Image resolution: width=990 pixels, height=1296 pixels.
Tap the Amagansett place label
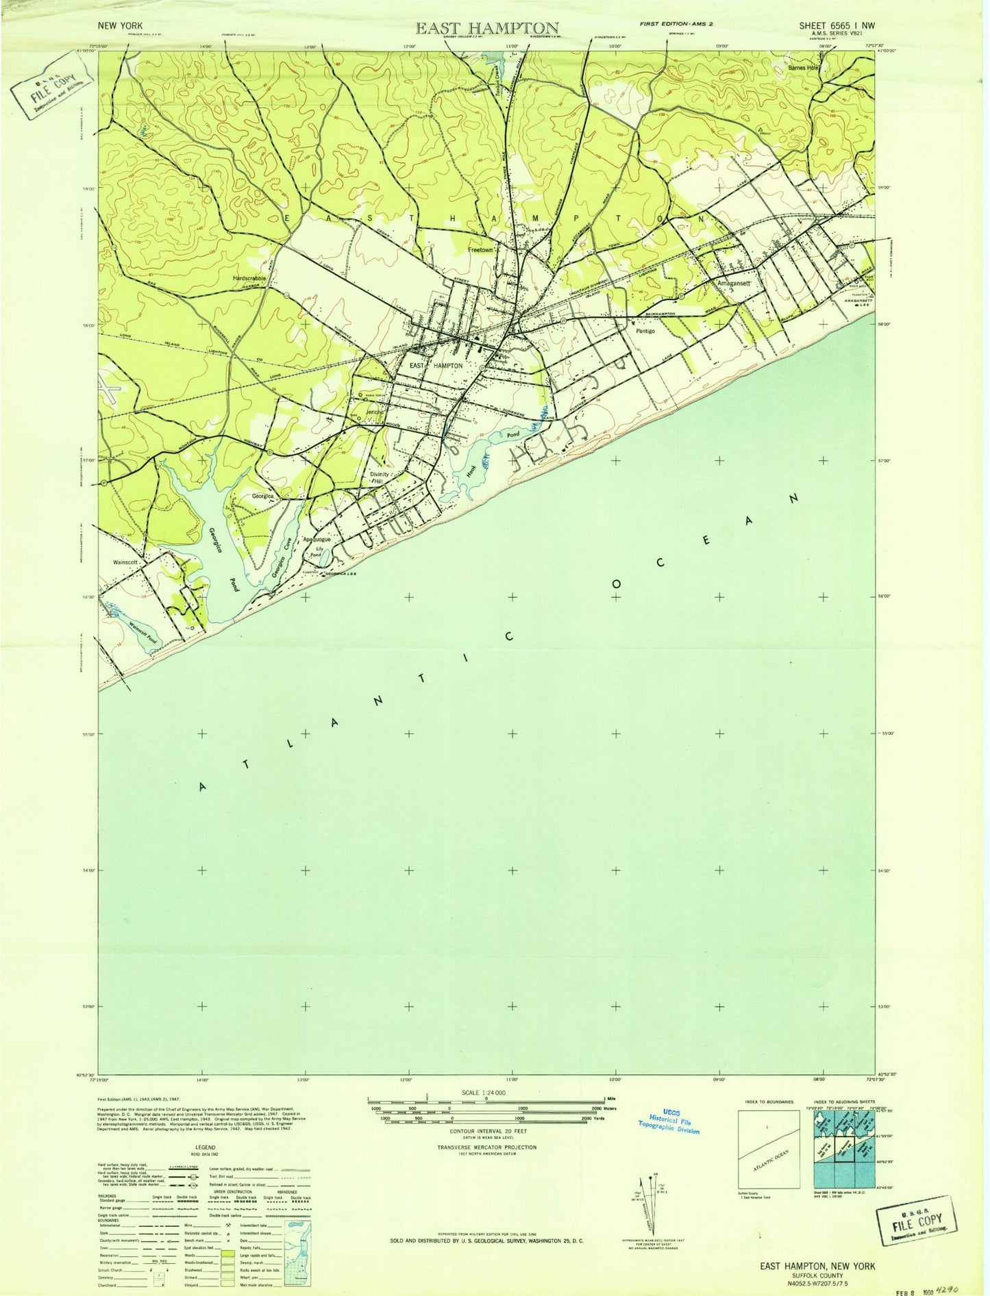tap(734, 283)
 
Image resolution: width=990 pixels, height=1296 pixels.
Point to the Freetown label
tap(481, 250)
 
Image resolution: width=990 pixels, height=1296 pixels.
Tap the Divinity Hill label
tap(379, 477)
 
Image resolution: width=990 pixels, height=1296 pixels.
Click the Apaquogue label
tap(317, 540)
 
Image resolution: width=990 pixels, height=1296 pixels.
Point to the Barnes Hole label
tap(804, 68)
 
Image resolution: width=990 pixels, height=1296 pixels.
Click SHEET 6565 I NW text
tap(836, 26)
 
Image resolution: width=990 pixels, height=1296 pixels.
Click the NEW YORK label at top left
tap(121, 25)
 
